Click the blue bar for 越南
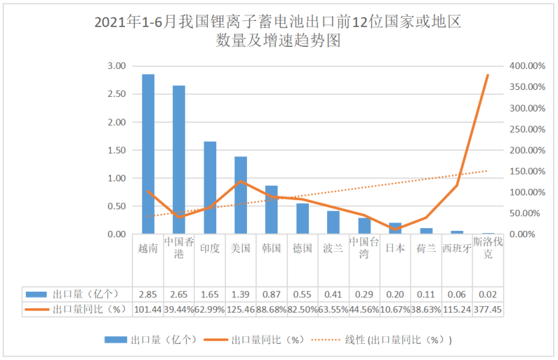(148, 153)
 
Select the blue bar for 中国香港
(179, 160)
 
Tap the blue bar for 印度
(209, 188)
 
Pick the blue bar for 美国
(241, 195)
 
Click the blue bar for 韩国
(271, 209)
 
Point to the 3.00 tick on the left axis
(116, 66)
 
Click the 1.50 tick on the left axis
(116, 150)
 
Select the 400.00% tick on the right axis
(525, 66)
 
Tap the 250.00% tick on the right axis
(525, 129)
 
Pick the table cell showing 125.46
(241, 309)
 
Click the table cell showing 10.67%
(395, 309)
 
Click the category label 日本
(395, 248)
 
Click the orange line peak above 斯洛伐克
(488, 75)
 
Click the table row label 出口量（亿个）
(77, 294)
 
